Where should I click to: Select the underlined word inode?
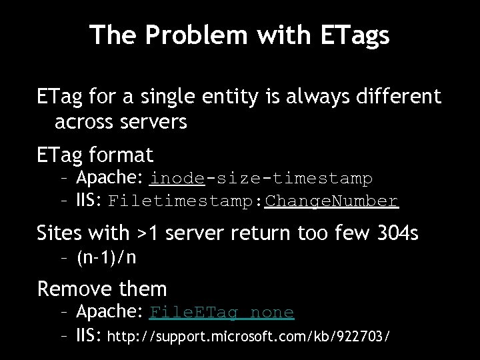[177, 179]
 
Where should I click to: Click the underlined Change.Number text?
[331, 201]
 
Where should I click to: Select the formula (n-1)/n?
[107, 257]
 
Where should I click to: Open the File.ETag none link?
[222, 312]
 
